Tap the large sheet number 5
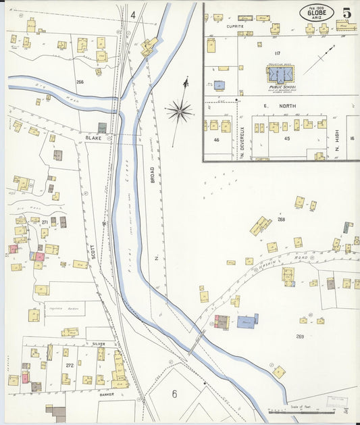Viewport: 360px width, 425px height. pyautogui.click(x=346, y=13)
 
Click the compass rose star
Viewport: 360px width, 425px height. pyautogui.click(x=180, y=111)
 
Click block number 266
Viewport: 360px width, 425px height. pyautogui.click(x=80, y=82)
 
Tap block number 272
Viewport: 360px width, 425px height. pyautogui.click(x=68, y=366)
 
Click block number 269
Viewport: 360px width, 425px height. pyautogui.click(x=300, y=336)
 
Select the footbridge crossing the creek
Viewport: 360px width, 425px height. pyautogui.click(x=195, y=343)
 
